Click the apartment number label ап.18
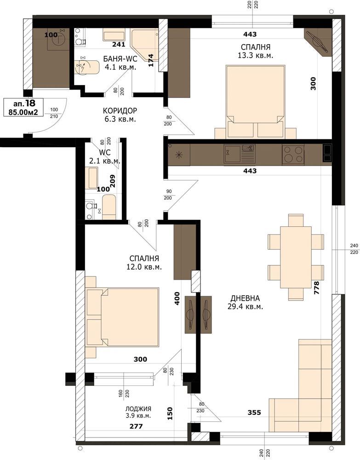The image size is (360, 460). point(24,103)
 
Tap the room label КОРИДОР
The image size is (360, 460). point(120,110)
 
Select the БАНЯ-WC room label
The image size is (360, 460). point(120,59)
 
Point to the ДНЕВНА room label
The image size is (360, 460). point(245,299)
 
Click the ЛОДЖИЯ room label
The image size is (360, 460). point(138,408)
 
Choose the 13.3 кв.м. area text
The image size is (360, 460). point(255,56)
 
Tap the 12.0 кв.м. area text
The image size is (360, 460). point(144,267)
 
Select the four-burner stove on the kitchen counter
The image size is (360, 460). point(293,154)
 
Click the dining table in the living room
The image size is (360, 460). point(296,257)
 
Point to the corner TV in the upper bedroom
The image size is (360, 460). point(318,42)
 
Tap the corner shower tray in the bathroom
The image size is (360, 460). point(145,45)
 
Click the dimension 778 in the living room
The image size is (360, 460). point(317,288)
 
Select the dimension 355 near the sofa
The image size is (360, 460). point(254,413)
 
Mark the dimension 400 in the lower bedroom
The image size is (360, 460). point(177,299)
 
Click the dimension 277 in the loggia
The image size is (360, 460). point(136,426)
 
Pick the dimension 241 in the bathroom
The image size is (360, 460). point(119,44)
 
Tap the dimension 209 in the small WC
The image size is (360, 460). point(112,181)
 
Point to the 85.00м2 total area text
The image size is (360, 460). point(23,112)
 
